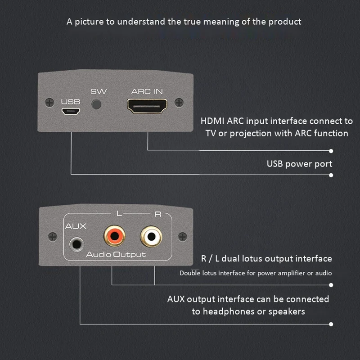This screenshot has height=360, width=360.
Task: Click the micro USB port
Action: coord(70,112)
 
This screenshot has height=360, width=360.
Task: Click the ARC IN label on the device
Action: coord(147,91)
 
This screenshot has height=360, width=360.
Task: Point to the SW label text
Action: coord(99,91)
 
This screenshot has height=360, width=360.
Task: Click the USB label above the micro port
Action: coord(70,102)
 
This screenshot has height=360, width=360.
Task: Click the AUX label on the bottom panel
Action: coord(76,226)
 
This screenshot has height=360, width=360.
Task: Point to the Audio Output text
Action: coord(116,255)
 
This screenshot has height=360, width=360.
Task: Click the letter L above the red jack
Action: coord(118,214)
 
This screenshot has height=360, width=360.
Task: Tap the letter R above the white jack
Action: coord(157,214)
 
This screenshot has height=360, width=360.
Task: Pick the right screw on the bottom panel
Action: coord(182,235)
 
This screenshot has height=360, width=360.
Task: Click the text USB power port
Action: coord(299,163)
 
